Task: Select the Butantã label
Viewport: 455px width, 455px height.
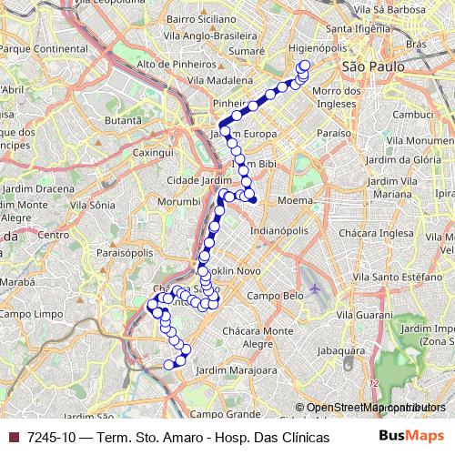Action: (125, 120)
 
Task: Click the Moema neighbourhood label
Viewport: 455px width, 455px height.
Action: (303, 198)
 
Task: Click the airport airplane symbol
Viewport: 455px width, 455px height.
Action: (316, 288)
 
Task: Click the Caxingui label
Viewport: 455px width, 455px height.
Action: (153, 155)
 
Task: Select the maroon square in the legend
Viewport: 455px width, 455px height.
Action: (12, 438)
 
